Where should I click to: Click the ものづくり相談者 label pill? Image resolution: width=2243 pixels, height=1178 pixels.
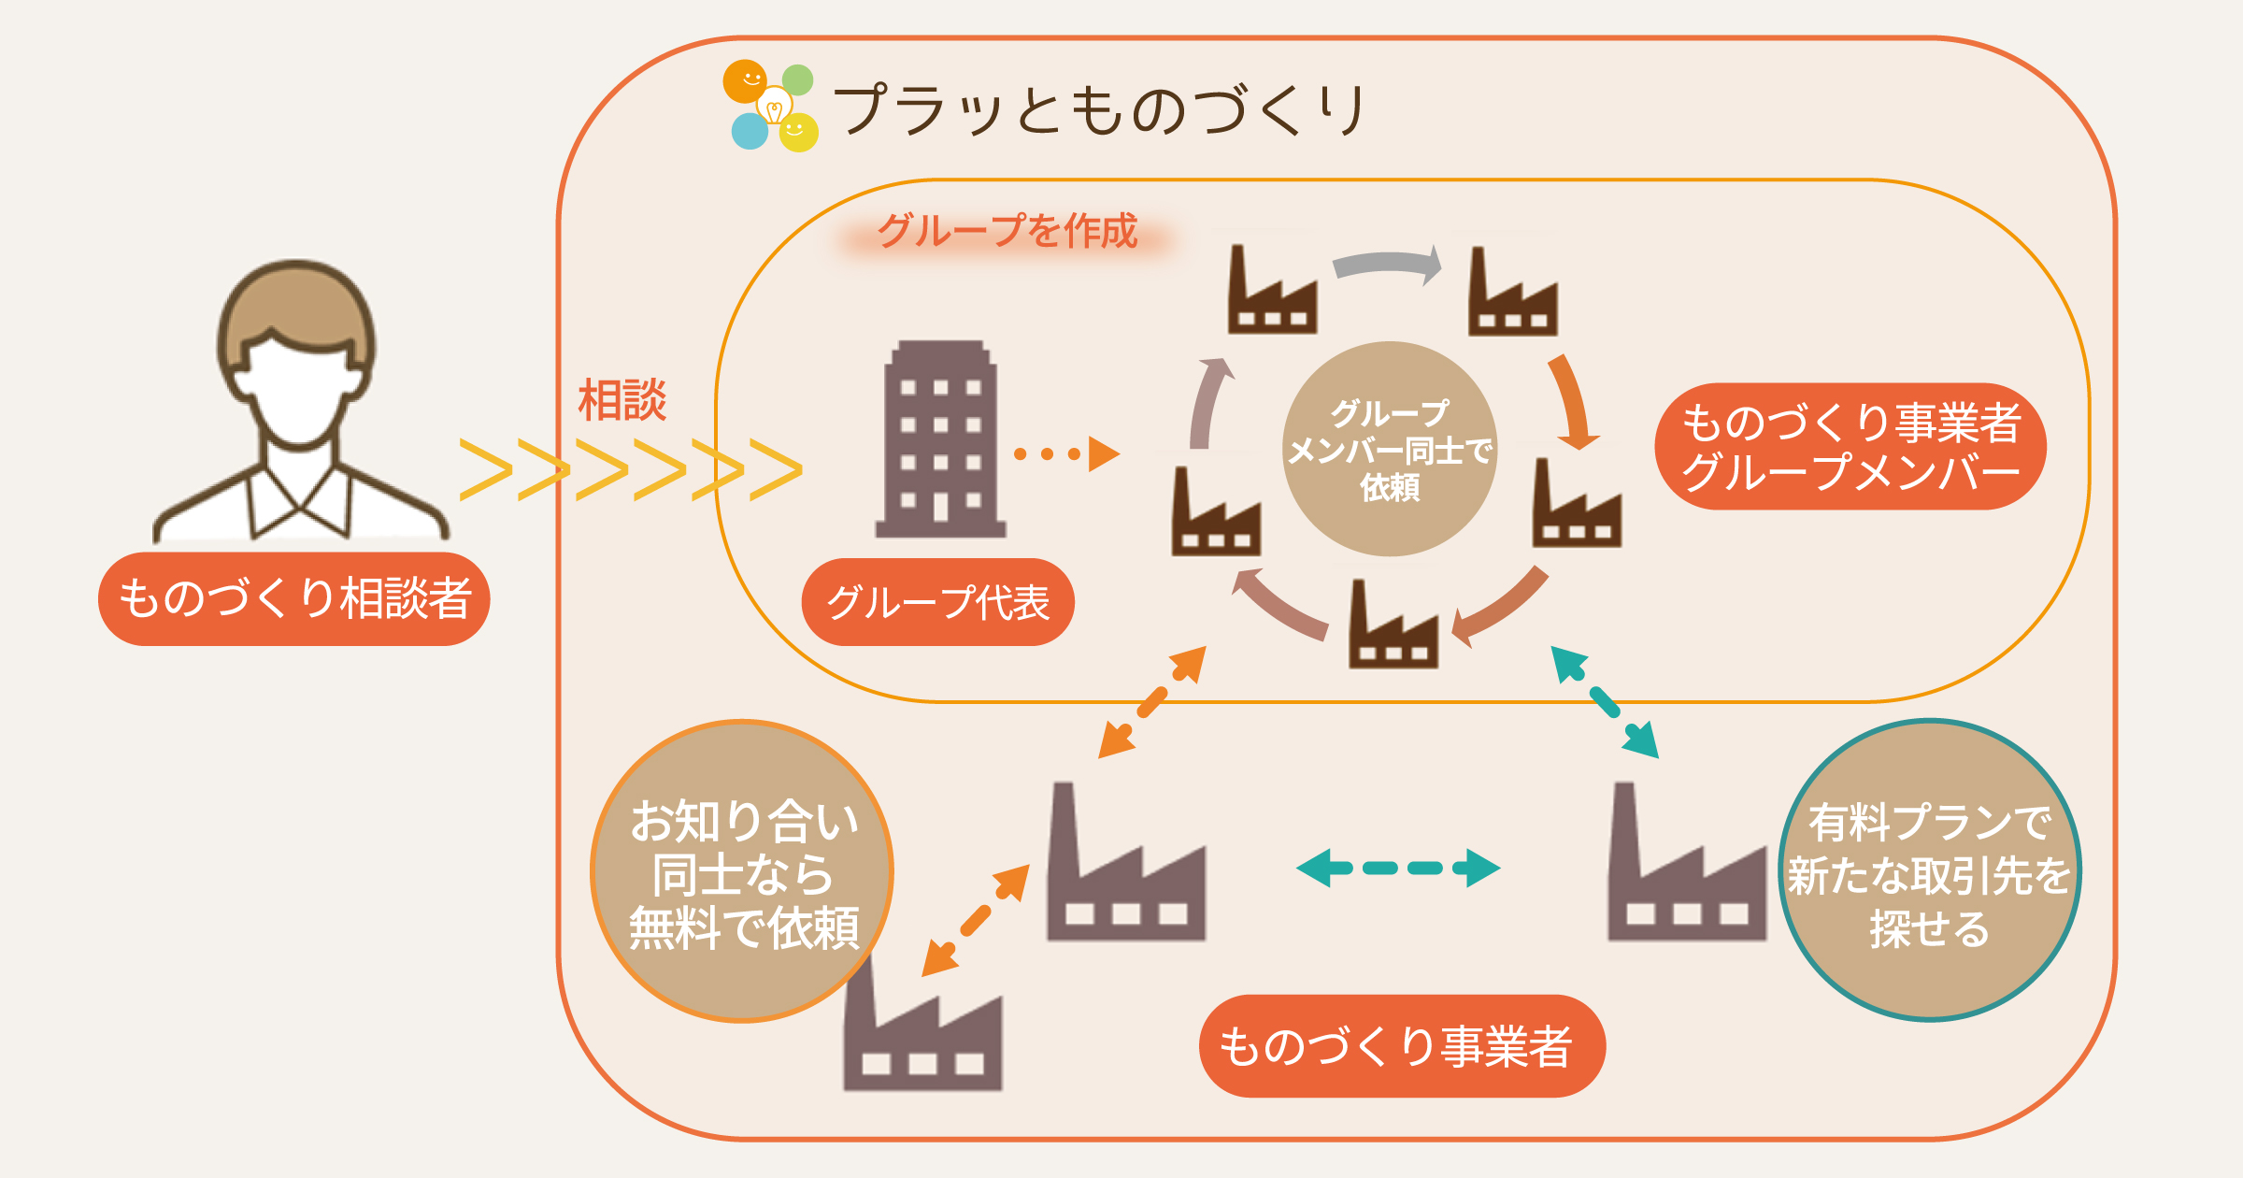(x=294, y=598)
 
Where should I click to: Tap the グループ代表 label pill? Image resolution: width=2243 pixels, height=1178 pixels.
(x=937, y=602)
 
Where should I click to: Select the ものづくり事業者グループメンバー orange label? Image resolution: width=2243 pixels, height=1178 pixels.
(x=1850, y=447)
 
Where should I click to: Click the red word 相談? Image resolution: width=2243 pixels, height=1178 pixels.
(x=622, y=400)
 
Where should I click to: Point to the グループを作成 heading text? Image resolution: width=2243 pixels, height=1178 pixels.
(x=1007, y=231)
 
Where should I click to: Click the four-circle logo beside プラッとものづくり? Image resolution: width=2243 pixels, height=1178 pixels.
(x=771, y=107)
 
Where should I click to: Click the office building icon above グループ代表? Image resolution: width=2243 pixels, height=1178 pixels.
(x=940, y=439)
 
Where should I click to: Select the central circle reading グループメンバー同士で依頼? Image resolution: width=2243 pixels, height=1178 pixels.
(x=1390, y=449)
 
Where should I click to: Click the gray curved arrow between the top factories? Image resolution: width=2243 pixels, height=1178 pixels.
(x=1388, y=265)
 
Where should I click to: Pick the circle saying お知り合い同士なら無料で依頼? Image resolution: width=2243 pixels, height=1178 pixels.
(x=743, y=871)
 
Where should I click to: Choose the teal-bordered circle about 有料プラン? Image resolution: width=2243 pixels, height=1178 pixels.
(x=1929, y=871)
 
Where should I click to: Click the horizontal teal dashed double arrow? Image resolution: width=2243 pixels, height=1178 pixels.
(x=1398, y=868)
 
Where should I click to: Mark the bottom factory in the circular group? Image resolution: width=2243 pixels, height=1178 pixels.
(x=1393, y=626)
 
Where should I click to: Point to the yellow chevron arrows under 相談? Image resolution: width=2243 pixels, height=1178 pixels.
(x=631, y=469)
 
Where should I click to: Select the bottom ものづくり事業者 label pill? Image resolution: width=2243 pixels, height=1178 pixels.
(x=1402, y=1045)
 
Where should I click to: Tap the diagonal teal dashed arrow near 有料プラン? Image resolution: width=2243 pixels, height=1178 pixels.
(x=1605, y=701)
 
